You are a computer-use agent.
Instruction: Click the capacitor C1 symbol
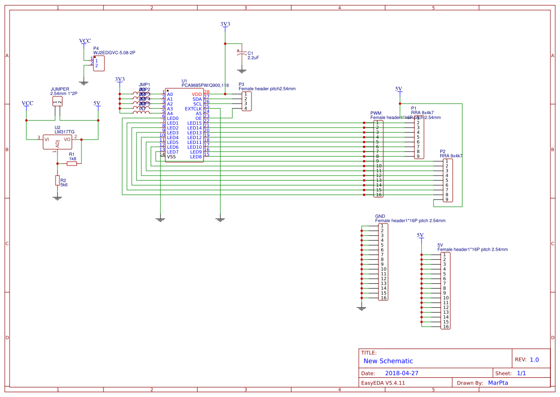(242, 54)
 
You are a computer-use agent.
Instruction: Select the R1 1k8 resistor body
(72, 163)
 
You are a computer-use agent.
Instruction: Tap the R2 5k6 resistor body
(57, 181)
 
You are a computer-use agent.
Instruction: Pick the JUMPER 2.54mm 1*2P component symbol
(57, 102)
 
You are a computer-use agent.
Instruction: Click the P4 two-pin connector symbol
(99, 63)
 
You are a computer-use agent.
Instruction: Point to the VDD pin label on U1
(197, 94)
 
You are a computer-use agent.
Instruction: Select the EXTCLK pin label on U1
(194, 109)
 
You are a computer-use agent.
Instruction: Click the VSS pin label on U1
(171, 157)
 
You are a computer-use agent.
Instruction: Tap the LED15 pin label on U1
(194, 123)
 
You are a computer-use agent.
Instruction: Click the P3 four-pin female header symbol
(245, 101)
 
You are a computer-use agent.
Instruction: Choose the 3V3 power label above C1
(225, 24)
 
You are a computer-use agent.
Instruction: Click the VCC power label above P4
(85, 41)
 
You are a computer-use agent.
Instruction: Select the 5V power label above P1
(399, 89)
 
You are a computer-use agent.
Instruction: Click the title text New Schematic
(388, 361)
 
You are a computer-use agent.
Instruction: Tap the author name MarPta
(498, 383)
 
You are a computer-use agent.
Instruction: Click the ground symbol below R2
(57, 197)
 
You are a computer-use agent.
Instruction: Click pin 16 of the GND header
(383, 298)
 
